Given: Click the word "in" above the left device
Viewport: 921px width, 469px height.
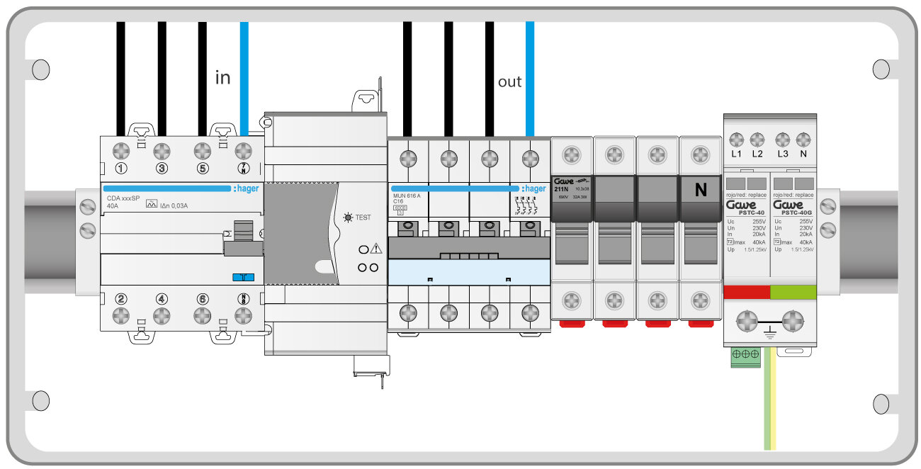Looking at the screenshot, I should point(222,77).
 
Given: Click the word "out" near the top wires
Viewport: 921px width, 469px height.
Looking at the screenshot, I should point(509,81).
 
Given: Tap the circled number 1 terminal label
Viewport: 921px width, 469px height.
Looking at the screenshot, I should point(121,169).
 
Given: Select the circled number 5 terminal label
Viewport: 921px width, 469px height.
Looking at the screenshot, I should point(203,169).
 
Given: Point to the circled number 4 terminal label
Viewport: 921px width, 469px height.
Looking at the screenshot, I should point(162,298).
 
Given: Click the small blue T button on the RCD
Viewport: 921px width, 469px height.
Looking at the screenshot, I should point(243,278).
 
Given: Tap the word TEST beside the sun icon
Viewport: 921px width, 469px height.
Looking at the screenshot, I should point(363,217).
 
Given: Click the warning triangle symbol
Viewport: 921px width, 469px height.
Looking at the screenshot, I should point(375,249).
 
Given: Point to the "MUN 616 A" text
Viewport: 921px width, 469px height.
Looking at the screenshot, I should point(407,195).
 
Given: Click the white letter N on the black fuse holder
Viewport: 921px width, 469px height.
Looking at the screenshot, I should point(701,190).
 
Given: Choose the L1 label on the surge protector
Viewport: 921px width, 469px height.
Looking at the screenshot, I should point(736,154).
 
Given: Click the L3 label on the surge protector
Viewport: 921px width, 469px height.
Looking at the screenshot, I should point(782,154).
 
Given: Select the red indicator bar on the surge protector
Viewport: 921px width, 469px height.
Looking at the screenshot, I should point(747,292).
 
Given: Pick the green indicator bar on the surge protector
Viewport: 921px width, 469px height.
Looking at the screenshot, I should point(793,292).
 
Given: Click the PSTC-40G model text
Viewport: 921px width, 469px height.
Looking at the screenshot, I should point(793,213).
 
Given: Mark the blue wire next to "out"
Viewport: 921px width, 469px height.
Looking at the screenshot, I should point(530,78).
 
